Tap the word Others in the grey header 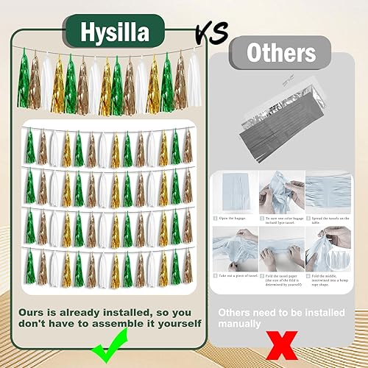click(x=281, y=53)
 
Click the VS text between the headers click(x=210, y=31)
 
